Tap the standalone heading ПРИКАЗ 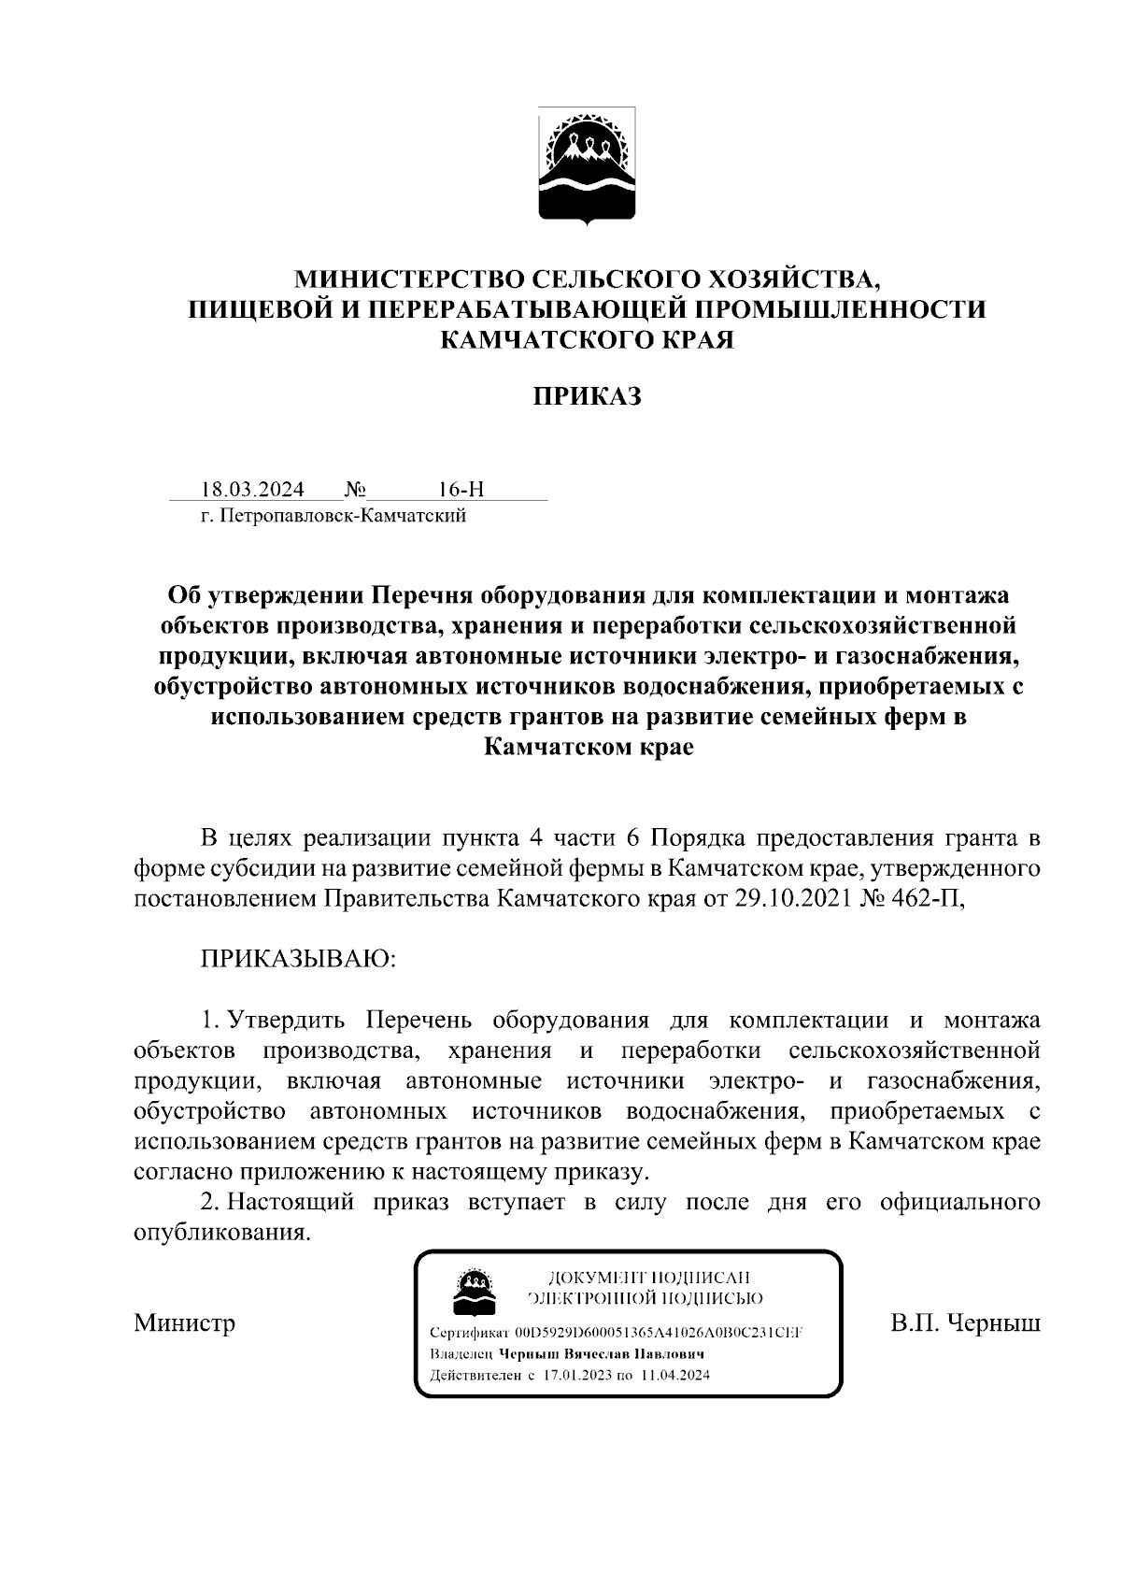(x=587, y=396)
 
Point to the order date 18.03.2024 (x=251, y=490)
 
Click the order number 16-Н (x=461, y=490)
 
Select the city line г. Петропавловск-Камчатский (x=333, y=515)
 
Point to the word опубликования (x=221, y=1232)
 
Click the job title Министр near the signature (x=184, y=1322)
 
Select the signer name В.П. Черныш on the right (x=965, y=1322)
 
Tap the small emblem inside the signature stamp (x=475, y=1291)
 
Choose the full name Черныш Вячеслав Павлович (x=601, y=1353)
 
